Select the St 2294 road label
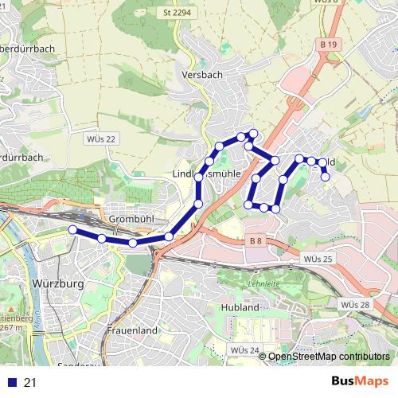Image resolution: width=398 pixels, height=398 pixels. (x=177, y=13)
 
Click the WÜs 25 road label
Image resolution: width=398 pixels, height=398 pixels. (x=318, y=259)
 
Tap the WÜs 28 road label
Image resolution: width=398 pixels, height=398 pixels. (x=354, y=305)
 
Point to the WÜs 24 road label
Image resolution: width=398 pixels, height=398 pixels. (x=244, y=349)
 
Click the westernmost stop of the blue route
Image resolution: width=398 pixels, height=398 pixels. (x=72, y=230)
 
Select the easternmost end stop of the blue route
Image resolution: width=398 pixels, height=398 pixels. (x=326, y=177)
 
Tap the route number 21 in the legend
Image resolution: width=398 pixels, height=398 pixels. (x=31, y=383)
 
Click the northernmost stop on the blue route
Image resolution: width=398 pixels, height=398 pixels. (x=253, y=132)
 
